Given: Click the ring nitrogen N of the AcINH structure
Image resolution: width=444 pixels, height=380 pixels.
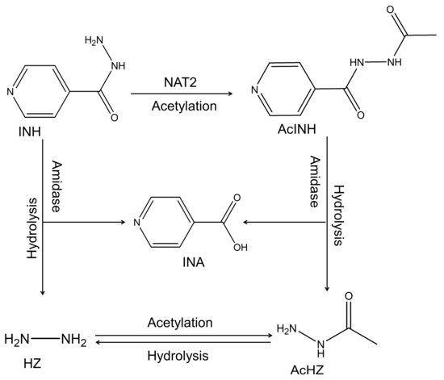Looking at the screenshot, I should click(256, 90).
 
